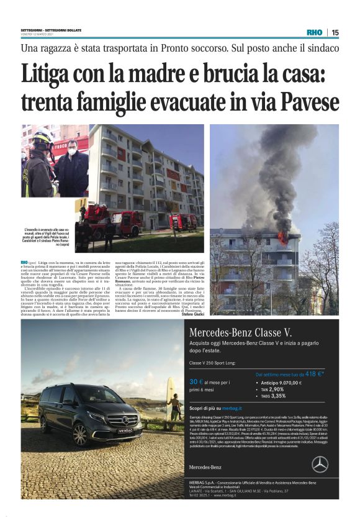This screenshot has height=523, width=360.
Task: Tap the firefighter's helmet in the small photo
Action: [x=42, y=138]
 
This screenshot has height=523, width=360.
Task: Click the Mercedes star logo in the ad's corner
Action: [x=320, y=464]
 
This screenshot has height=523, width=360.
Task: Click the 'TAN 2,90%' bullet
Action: [x=274, y=389]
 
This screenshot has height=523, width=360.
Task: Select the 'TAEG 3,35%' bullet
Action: [x=274, y=395]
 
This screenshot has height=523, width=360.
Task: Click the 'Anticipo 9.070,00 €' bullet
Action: [x=281, y=383]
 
